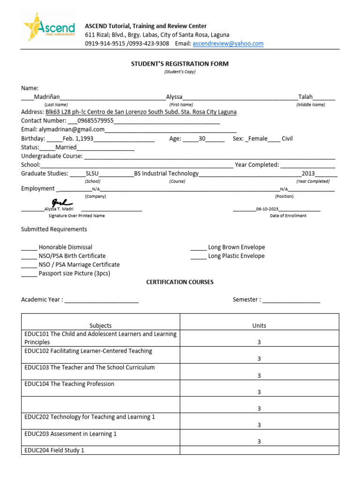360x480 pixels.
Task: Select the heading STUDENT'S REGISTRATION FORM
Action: pyautogui.click(x=180, y=64)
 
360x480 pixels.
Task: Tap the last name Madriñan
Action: pyautogui.click(x=47, y=97)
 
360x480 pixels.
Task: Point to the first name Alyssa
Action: pyautogui.click(x=174, y=97)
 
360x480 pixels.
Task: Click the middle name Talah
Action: pyautogui.click(x=306, y=97)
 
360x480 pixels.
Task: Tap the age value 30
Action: pyautogui.click(x=202, y=139)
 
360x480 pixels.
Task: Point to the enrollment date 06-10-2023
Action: pyautogui.click(x=267, y=209)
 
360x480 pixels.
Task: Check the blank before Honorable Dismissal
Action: pyautogui.click(x=29, y=247)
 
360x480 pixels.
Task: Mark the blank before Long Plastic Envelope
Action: pyautogui.click(x=198, y=256)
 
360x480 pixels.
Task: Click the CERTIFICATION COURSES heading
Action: pyautogui.click(x=180, y=282)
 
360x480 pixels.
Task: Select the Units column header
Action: pyautogui.click(x=259, y=325)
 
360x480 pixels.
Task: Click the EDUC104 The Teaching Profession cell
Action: pyautogui.click(x=69, y=384)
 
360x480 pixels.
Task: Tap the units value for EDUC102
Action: pyautogui.click(x=259, y=359)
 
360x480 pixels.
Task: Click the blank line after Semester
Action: pyautogui.click(x=291, y=300)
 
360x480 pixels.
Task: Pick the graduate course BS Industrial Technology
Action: pyautogui.click(x=166, y=173)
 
